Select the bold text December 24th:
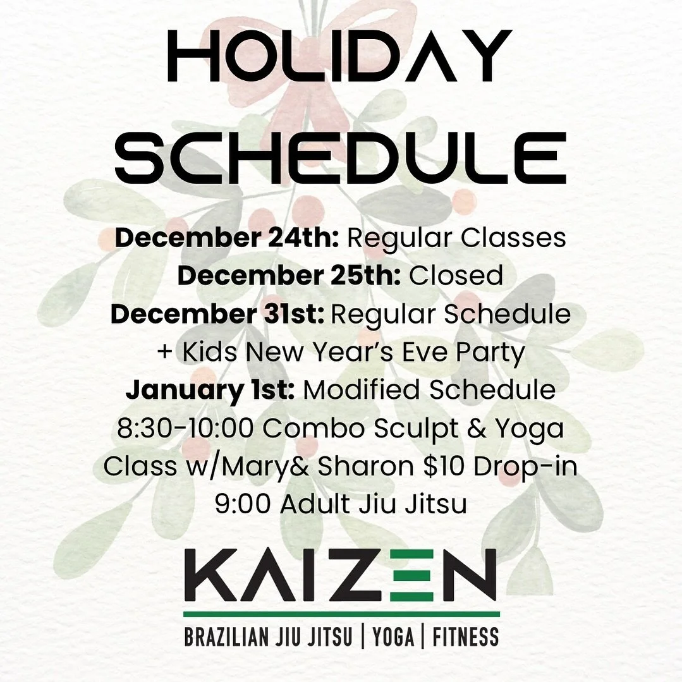coord(228,238)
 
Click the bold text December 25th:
coord(289,276)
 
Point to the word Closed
coord(456,276)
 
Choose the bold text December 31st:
coord(217,314)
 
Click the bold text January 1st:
coord(210,390)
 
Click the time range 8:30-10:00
coord(185,428)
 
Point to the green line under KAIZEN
coord(341,613)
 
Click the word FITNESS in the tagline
coord(466,636)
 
